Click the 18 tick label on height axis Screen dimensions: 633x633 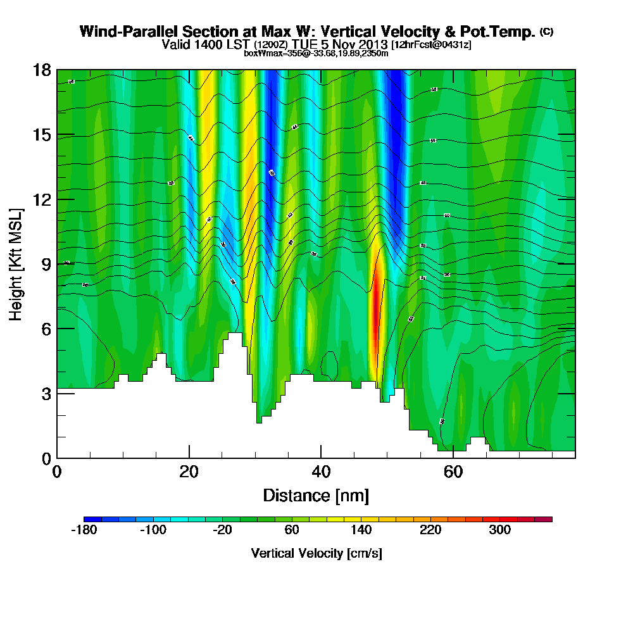(41, 70)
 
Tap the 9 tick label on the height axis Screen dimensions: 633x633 (45, 264)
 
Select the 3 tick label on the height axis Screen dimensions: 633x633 (45, 393)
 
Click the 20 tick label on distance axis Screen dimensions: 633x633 (189, 472)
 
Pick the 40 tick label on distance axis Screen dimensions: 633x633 (321, 472)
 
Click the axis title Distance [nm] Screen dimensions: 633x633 (316, 495)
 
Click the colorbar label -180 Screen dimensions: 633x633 (84, 530)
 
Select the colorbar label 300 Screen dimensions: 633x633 (500, 530)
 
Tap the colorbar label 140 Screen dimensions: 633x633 (361, 530)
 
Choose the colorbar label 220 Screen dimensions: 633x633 (430, 530)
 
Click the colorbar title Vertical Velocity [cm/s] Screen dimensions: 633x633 (316, 553)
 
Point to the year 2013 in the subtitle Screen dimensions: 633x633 (372, 44)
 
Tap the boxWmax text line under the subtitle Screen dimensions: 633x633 (316, 53)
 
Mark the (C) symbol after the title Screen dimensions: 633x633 (546, 32)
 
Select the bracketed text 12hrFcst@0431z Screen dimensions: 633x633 (431, 45)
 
